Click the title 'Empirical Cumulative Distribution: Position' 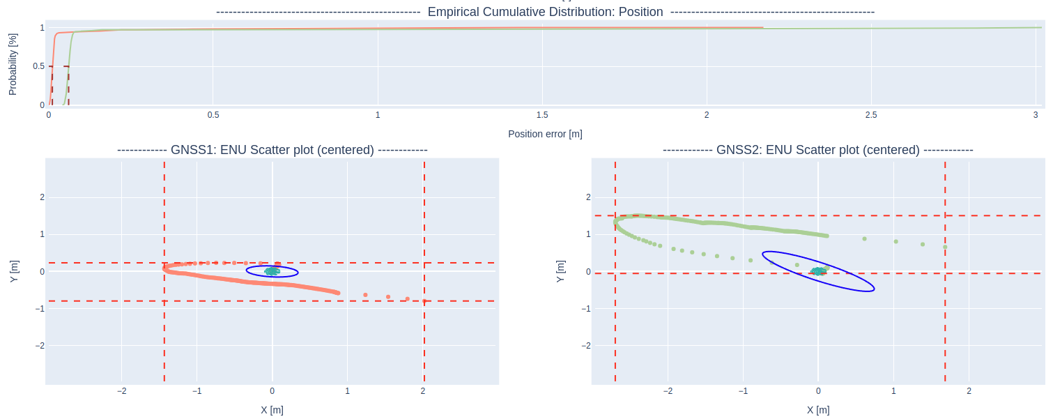click(x=545, y=12)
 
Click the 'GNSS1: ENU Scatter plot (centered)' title click(x=272, y=150)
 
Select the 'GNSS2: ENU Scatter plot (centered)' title click(x=817, y=150)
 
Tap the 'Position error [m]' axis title click(x=545, y=134)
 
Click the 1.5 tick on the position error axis click(x=542, y=115)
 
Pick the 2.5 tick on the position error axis click(x=870, y=115)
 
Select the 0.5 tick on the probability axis click(x=38, y=66)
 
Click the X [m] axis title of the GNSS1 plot click(x=272, y=410)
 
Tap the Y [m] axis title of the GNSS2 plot click(x=560, y=271)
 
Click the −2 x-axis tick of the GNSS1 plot click(x=121, y=391)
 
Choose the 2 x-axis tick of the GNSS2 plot click(x=969, y=391)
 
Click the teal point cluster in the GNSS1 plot click(x=272, y=271)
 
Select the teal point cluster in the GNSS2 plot click(x=818, y=271)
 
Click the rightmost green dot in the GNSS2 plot click(x=945, y=247)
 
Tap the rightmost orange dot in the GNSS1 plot click(x=424, y=301)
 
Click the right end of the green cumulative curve click(x=1040, y=28)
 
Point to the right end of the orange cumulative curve click(x=762, y=28)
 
